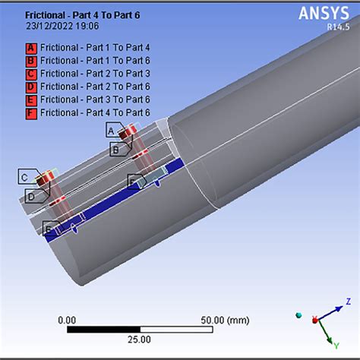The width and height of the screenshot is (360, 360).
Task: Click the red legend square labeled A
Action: point(31,47)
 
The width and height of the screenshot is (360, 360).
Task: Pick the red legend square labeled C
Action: point(31,74)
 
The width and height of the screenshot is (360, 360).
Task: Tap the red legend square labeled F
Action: point(31,112)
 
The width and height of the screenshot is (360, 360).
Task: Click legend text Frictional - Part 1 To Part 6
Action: point(95,61)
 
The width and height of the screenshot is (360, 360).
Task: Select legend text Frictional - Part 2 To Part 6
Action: point(95,87)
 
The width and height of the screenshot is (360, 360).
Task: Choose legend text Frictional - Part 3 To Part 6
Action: point(95,99)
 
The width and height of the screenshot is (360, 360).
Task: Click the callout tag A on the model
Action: point(112,131)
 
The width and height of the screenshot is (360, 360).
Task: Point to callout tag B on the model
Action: point(115,150)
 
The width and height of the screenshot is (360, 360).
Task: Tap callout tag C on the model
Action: point(25,178)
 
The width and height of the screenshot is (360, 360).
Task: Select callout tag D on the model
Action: point(31,197)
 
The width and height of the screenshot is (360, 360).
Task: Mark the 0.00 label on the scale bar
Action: point(67,320)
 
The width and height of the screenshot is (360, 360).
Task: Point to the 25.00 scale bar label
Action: point(138,339)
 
